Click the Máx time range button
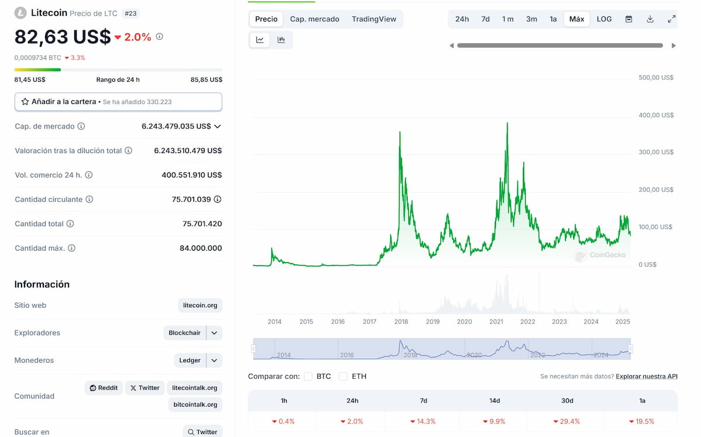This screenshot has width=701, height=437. pyautogui.click(x=577, y=19)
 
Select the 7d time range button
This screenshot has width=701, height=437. pyautogui.click(x=485, y=19)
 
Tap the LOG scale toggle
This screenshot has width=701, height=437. pyautogui.click(x=604, y=19)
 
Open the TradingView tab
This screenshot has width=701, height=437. pyautogui.click(x=374, y=19)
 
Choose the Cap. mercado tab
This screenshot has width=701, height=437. pyautogui.click(x=314, y=19)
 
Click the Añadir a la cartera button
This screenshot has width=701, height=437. pyautogui.click(x=118, y=102)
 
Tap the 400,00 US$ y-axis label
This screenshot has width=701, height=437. pyautogui.click(x=656, y=115)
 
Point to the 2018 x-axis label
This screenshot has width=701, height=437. pyautogui.click(x=401, y=322)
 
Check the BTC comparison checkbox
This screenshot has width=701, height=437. pyautogui.click(x=308, y=376)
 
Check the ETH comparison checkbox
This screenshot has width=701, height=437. pyautogui.click(x=343, y=376)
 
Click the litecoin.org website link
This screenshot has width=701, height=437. pyautogui.click(x=200, y=306)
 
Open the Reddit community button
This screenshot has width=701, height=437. pyautogui.click(x=103, y=388)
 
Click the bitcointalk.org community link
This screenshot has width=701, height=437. pyautogui.click(x=195, y=404)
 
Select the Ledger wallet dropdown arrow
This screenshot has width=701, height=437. pyautogui.click(x=214, y=360)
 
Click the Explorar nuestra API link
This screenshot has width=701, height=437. pyautogui.click(x=646, y=376)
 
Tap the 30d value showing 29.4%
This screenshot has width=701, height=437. pyautogui.click(x=567, y=421)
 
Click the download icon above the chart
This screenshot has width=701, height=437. pyautogui.click(x=650, y=19)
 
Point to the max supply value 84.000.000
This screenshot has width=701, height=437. pyautogui.click(x=200, y=248)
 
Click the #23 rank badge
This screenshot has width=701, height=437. pyautogui.click(x=131, y=13)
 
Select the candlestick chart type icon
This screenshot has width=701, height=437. pyautogui.click(x=281, y=40)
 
